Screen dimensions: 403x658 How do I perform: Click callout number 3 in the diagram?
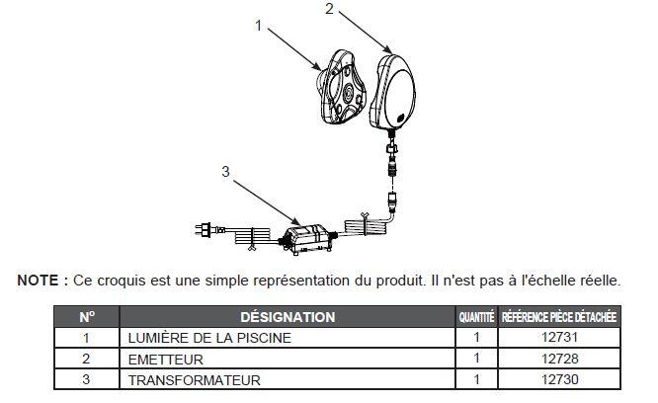pyautogui.click(x=225, y=170)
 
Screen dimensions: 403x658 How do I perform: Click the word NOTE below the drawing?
pyautogui.click(x=38, y=281)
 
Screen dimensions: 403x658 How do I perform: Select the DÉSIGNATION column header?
pyautogui.click(x=287, y=317)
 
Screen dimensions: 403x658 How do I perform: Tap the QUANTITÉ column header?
pyautogui.click(x=476, y=318)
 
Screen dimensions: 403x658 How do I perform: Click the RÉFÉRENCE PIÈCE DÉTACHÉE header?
pyautogui.click(x=558, y=318)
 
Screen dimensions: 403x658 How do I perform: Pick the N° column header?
pyautogui.click(x=86, y=317)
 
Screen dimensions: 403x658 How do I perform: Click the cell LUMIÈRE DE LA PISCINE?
pyautogui.click(x=208, y=338)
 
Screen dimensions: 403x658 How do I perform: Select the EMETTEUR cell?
pyautogui.click(x=166, y=358)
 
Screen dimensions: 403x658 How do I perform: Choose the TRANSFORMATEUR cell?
pyautogui.click(x=194, y=378)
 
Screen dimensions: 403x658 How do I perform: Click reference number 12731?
pyautogui.click(x=558, y=338)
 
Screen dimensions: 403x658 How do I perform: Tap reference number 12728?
pyautogui.click(x=558, y=358)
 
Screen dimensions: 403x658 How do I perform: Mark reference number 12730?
pyautogui.click(x=558, y=378)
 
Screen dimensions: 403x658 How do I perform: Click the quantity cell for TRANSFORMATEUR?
pyautogui.click(x=476, y=378)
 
